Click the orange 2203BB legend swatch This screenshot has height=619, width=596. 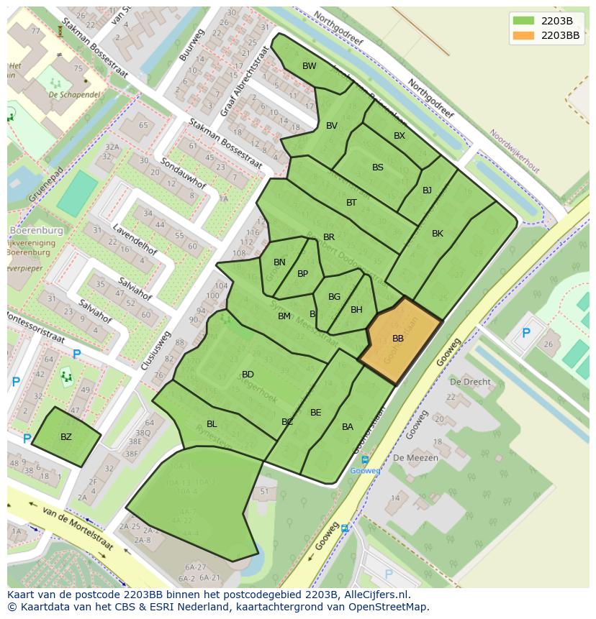[x=523, y=35]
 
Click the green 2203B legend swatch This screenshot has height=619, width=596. [x=523, y=21]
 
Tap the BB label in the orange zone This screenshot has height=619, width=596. [x=398, y=339]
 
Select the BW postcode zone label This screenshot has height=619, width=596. [x=310, y=66]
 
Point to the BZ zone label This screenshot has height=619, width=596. [x=66, y=437]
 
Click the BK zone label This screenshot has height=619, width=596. [x=438, y=234]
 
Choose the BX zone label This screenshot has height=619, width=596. [x=399, y=136]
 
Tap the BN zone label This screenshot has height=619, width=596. [x=280, y=262]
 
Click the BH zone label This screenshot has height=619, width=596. [x=356, y=310]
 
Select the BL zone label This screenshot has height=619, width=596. [x=212, y=424]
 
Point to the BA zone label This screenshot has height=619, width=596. [x=348, y=427]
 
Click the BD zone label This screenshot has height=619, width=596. [x=248, y=375]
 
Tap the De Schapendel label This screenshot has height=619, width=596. [x=73, y=94]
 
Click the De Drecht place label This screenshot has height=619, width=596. [x=470, y=382]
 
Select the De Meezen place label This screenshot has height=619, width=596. [x=411, y=457]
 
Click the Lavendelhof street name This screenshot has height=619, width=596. [x=135, y=239]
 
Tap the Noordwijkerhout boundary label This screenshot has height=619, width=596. [x=515, y=151]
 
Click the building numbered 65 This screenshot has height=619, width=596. [x=143, y=126]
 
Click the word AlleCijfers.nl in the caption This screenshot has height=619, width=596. [x=374, y=595]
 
